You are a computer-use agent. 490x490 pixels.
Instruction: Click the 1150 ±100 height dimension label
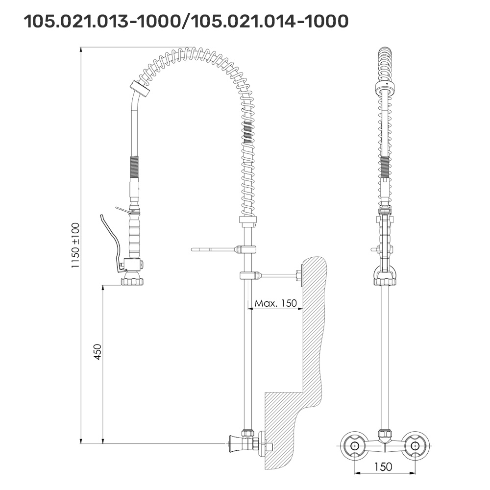[75, 245]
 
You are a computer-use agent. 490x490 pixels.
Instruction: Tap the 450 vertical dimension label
[98, 352]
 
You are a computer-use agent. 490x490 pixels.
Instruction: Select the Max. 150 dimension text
[275, 303]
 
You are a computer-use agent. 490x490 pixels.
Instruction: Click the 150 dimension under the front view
[383, 466]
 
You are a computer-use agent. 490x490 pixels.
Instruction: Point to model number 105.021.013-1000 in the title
[102, 21]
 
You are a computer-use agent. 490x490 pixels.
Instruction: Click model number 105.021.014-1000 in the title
[269, 21]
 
